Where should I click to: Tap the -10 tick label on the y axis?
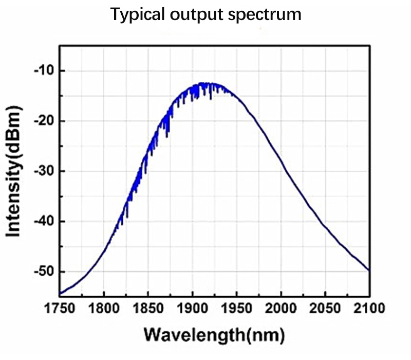point(44,70)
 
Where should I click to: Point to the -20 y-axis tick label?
point(44,121)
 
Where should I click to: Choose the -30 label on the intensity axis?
point(44,171)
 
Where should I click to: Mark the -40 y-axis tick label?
point(44,221)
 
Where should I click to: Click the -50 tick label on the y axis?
point(44,271)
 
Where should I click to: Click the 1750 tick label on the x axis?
point(60,309)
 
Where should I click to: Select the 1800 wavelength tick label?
point(104,309)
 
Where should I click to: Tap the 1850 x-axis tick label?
point(148,309)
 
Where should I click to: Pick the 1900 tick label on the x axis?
point(193,309)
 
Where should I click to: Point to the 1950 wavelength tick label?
point(237,309)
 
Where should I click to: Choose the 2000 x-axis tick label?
point(281,309)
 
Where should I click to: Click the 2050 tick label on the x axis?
point(325,309)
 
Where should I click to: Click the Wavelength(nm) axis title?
point(214,335)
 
